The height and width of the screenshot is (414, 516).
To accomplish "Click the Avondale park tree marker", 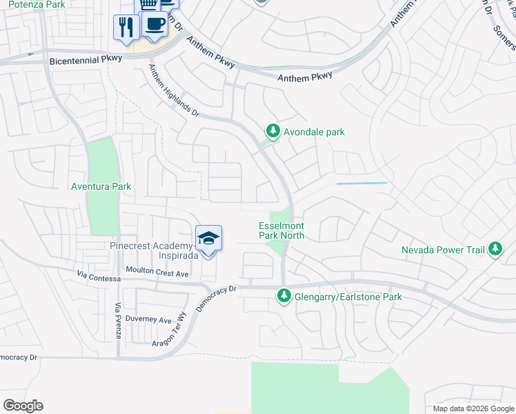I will [x=273, y=131].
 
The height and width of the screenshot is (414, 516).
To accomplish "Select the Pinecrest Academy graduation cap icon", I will [x=209, y=239].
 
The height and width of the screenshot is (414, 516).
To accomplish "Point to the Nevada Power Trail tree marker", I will [x=495, y=249].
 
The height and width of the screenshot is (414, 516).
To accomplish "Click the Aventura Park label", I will [x=101, y=186].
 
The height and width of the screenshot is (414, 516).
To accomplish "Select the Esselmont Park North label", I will [x=281, y=230].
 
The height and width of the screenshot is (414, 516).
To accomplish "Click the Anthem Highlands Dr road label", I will [x=173, y=95].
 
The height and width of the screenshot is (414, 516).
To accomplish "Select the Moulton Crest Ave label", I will [x=157, y=273].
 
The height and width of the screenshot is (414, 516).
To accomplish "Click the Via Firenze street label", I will [x=118, y=324].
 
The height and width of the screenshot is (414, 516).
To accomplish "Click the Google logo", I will [x=23, y=406].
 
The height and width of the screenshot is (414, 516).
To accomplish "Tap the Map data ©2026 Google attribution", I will [x=473, y=408].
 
